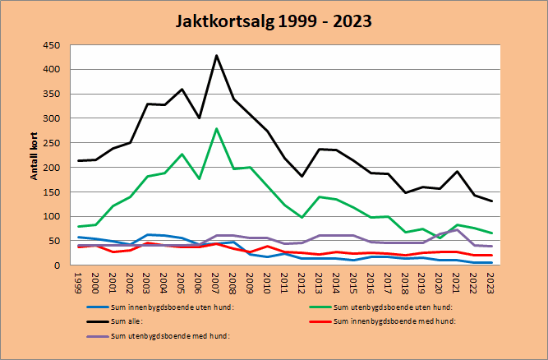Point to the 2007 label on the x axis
pos(216,282)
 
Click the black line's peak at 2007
pos(216,56)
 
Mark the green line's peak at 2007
pos(216,129)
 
